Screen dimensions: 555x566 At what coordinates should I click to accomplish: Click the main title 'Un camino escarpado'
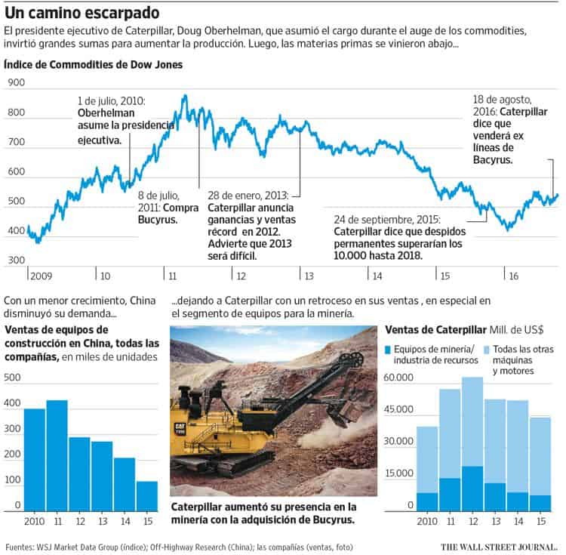coord(83,13)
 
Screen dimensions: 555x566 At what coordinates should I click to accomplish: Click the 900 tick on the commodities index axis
coord(16,84)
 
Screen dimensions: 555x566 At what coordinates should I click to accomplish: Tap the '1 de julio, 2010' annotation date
coord(112,100)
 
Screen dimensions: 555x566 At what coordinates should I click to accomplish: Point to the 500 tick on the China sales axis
coord(14,378)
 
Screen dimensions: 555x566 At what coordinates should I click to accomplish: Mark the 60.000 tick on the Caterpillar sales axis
coord(400,378)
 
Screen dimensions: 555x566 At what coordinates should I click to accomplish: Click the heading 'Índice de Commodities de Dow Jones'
coord(93,65)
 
